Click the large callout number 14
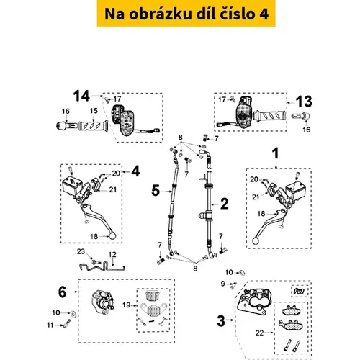[81, 96]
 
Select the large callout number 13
[304, 102]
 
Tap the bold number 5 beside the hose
[156, 191]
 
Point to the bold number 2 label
[225, 204]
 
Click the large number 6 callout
[63, 292]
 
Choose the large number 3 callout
[221, 321]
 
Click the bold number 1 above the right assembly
[276, 153]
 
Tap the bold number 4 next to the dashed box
[135, 171]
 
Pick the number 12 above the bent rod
[112, 254]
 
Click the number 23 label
[81, 251]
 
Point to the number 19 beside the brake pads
[127, 305]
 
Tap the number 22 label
[259, 333]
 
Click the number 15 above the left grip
[94, 111]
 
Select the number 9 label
[222, 284]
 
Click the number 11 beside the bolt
[50, 325]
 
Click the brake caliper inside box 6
[103, 302]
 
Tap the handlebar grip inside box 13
[270, 116]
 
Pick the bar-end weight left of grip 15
[67, 125]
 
